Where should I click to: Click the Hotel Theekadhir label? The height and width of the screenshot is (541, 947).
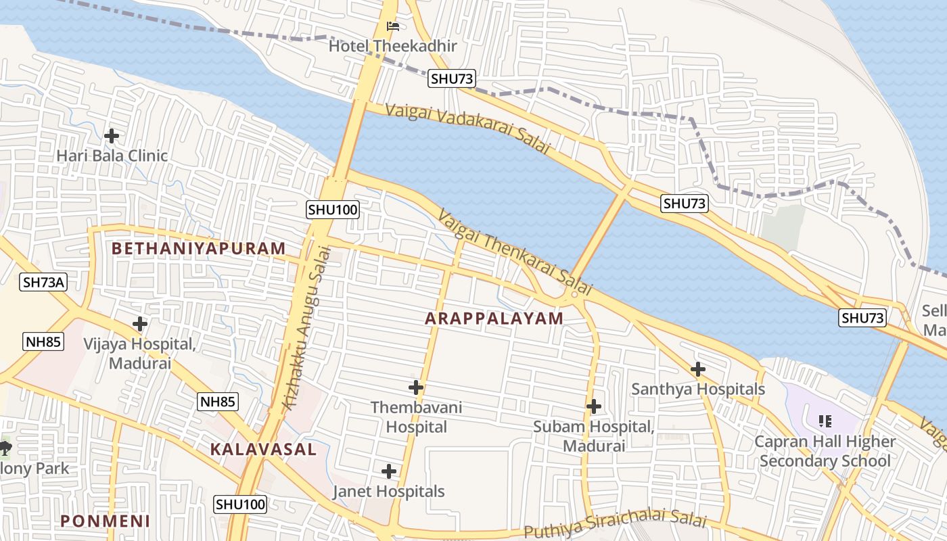(393, 46)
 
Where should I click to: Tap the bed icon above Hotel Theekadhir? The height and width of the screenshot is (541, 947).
(393, 26)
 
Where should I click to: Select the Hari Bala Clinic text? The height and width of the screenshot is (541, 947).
(112, 156)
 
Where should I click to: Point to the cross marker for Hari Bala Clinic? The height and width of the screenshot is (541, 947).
(112, 135)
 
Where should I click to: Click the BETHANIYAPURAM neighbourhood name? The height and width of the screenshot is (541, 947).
(198, 248)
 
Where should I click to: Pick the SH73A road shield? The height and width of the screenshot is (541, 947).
(44, 282)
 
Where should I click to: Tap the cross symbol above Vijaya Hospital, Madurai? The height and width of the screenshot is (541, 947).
(140, 324)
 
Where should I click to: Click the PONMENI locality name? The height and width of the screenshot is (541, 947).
(105, 521)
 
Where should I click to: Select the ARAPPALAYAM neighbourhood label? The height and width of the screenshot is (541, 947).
(494, 319)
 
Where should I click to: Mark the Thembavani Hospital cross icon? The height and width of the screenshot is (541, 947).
(416, 387)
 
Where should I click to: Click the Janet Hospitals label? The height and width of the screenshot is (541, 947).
(388, 492)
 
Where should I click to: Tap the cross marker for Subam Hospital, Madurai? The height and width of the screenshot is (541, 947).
(593, 406)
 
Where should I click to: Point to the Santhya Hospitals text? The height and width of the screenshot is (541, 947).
(697, 389)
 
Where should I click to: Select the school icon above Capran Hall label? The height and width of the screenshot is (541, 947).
(825, 421)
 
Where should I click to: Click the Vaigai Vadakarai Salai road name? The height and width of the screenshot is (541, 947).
(467, 128)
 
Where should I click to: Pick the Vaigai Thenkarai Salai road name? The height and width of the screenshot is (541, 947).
(515, 252)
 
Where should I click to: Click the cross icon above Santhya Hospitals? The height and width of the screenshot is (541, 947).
(697, 369)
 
